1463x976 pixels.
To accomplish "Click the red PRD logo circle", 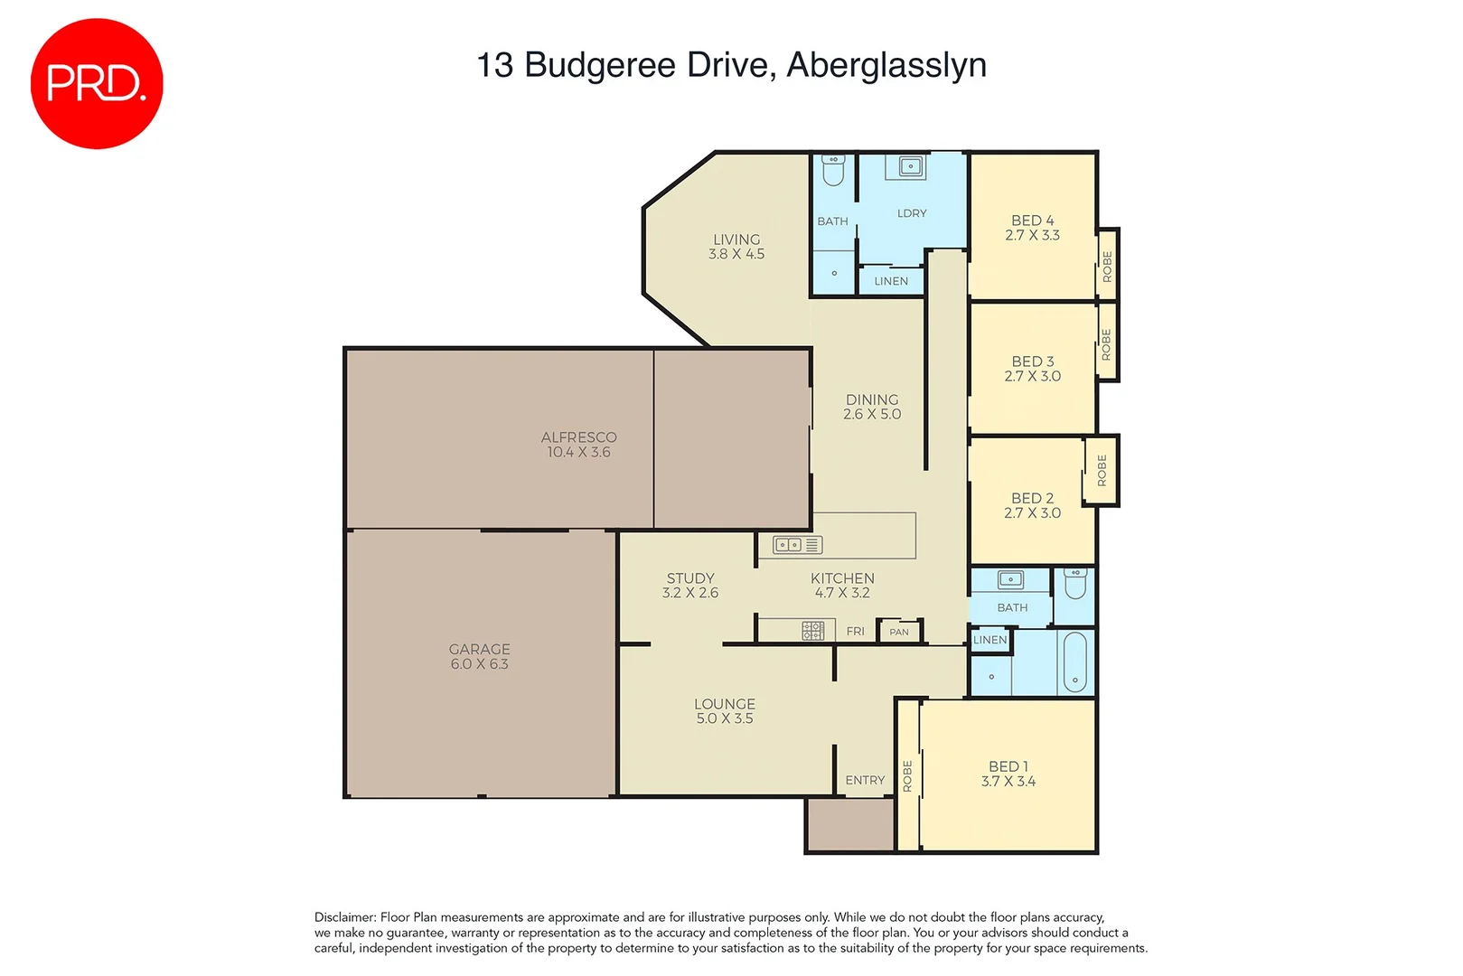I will (x=97, y=83).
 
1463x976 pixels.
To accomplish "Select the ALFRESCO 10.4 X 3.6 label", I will (x=578, y=444).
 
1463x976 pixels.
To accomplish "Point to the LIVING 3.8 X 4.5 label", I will (x=736, y=246).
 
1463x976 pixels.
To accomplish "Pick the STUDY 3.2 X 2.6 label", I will (x=690, y=585).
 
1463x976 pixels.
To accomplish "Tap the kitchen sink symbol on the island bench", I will (x=788, y=545).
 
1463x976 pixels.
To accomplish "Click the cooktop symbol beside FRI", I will (x=812, y=631).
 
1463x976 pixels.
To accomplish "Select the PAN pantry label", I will (x=899, y=632).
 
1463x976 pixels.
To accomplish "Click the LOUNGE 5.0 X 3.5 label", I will (x=725, y=710).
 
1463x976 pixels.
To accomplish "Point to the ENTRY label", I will (x=865, y=780).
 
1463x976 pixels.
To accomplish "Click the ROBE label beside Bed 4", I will (x=1107, y=266).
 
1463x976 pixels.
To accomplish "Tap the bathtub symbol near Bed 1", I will (x=1074, y=662).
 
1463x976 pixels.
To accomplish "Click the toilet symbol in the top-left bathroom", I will (x=833, y=171).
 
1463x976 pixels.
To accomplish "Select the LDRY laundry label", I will (x=912, y=213).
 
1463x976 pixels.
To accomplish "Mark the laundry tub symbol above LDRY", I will (x=911, y=166).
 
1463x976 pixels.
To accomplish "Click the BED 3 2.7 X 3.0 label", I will (x=1032, y=368).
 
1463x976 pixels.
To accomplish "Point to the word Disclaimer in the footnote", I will (x=344, y=917).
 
